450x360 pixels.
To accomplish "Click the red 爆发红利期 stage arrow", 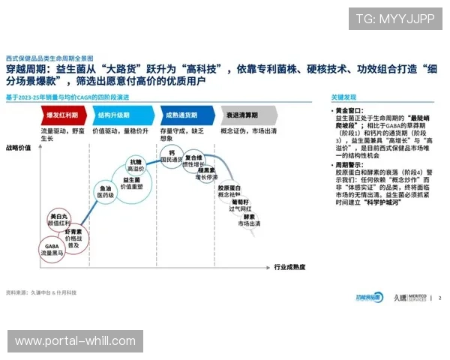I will (x=63, y=115).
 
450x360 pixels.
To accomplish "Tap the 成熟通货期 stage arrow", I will (x=181, y=115).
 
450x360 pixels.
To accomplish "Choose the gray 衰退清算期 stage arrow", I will (x=244, y=115).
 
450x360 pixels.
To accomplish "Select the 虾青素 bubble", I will (x=73, y=238).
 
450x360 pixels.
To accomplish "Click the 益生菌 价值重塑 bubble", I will (x=132, y=184).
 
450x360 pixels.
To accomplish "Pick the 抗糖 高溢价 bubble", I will (x=135, y=166).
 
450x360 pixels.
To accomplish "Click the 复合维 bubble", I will (x=194, y=160).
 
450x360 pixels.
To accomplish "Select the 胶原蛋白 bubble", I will (x=229, y=191).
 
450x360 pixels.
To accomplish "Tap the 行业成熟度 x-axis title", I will (x=290, y=267).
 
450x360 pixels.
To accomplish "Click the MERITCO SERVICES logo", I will (x=409, y=298).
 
